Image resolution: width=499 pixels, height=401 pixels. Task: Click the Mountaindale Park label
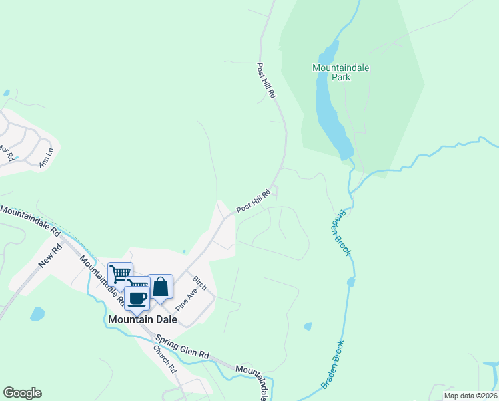(x=340, y=72)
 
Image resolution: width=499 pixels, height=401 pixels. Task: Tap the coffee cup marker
(x=137, y=299)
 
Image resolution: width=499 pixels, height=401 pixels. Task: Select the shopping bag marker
(x=161, y=287)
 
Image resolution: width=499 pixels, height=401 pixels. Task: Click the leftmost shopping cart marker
(x=120, y=274)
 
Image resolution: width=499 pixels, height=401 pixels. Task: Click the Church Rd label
(x=164, y=358)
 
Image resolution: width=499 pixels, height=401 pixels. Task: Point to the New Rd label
(x=50, y=257)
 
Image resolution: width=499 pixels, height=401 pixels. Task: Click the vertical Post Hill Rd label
(x=266, y=82)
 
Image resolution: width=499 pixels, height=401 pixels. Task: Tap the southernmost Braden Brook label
(x=332, y=364)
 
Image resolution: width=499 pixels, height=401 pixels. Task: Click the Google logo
(x=22, y=393)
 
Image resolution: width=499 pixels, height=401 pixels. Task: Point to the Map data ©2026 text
(x=470, y=396)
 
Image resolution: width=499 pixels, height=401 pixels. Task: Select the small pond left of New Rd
(x=37, y=313)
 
